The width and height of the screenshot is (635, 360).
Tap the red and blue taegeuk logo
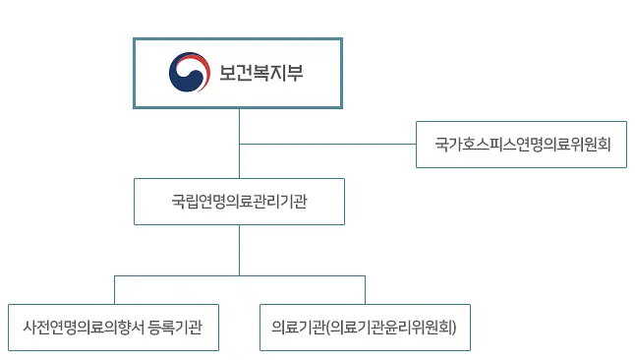pyautogui.click(x=189, y=72)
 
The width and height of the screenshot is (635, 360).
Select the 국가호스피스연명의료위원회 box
pyautogui.click(x=521, y=145)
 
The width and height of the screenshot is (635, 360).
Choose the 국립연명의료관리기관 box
pyautogui.click(x=239, y=202)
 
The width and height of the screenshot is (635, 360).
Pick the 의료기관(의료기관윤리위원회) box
pyautogui.click(x=365, y=326)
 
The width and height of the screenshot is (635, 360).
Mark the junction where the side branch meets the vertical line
pyautogui.click(x=239, y=145)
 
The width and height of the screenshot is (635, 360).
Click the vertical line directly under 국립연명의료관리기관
pyautogui.click(x=239, y=250)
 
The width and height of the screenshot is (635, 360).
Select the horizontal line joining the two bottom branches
pyautogui.click(x=239, y=276)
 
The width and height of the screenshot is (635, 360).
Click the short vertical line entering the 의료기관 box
pyautogui.click(x=365, y=289)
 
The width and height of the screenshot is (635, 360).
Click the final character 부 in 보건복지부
pyautogui.click(x=294, y=73)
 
